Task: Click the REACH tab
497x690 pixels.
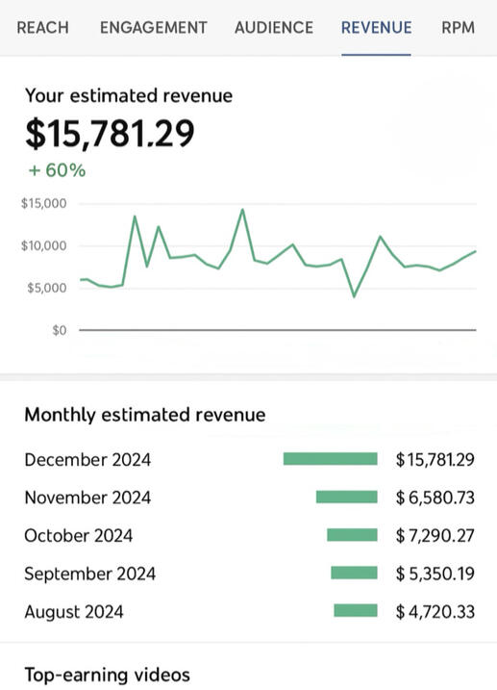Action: (x=42, y=28)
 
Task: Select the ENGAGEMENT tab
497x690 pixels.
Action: (x=154, y=28)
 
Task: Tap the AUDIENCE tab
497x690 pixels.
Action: (x=274, y=28)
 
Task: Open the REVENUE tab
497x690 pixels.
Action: (x=377, y=28)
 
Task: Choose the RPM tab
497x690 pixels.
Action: (x=458, y=28)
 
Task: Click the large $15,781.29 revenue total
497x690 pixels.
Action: (x=110, y=134)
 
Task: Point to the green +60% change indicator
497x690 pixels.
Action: (x=57, y=170)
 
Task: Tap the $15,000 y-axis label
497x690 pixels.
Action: (x=44, y=203)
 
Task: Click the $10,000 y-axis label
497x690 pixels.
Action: (x=44, y=245)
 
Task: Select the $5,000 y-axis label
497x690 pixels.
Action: (x=47, y=288)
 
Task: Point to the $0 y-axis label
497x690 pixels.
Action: (x=60, y=330)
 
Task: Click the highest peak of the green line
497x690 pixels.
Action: (x=242, y=210)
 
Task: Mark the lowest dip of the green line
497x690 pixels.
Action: (x=354, y=296)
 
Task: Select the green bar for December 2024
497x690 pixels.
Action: (x=331, y=459)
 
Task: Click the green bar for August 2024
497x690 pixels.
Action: (x=356, y=611)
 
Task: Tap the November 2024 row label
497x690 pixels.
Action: (x=87, y=498)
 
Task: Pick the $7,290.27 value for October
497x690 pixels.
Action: (x=435, y=535)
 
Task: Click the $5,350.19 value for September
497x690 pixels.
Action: (x=435, y=574)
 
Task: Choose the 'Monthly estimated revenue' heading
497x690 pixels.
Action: (x=145, y=415)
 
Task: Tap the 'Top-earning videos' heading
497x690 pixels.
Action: (x=108, y=675)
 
